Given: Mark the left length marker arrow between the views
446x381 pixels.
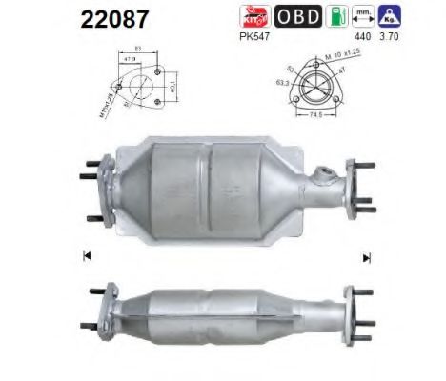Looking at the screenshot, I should coord(87,256).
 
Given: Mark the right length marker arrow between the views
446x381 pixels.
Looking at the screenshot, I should coord(366,256).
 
